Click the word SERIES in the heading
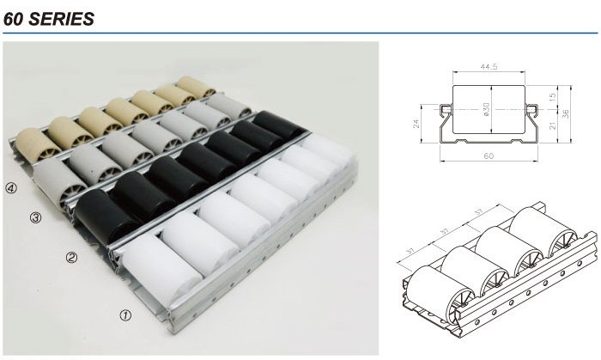(x=61, y=19)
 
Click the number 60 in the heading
(x=14, y=19)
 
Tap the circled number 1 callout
(x=125, y=315)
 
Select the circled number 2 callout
(x=71, y=257)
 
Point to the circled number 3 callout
(x=35, y=217)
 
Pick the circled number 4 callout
(x=11, y=188)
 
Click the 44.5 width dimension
(x=489, y=66)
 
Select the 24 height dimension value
(x=416, y=124)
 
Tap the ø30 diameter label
(x=487, y=109)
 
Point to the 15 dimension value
(x=552, y=96)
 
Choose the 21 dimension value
(x=552, y=125)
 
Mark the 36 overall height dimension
(x=566, y=114)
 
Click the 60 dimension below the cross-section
(x=489, y=156)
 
